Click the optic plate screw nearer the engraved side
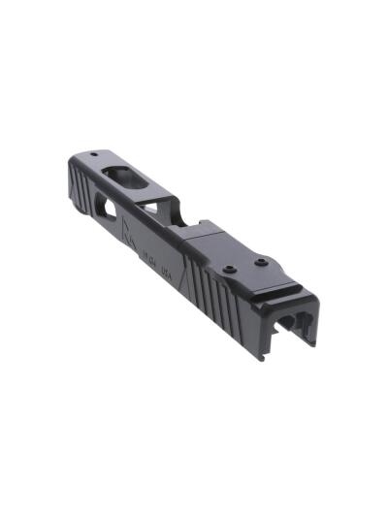[x=229, y=270]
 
